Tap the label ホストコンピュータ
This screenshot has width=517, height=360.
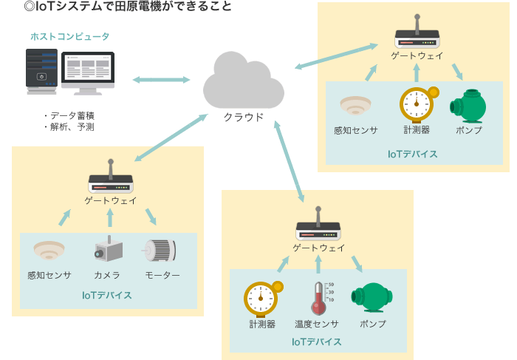tap(69, 36)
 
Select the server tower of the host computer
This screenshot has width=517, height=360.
tap(42, 71)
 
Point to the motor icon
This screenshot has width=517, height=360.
tap(160, 251)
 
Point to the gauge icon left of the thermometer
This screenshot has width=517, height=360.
tap(262, 297)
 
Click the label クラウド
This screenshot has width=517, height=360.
tap(244, 116)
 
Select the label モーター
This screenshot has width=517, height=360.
tap(162, 276)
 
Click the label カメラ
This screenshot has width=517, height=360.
tap(108, 276)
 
